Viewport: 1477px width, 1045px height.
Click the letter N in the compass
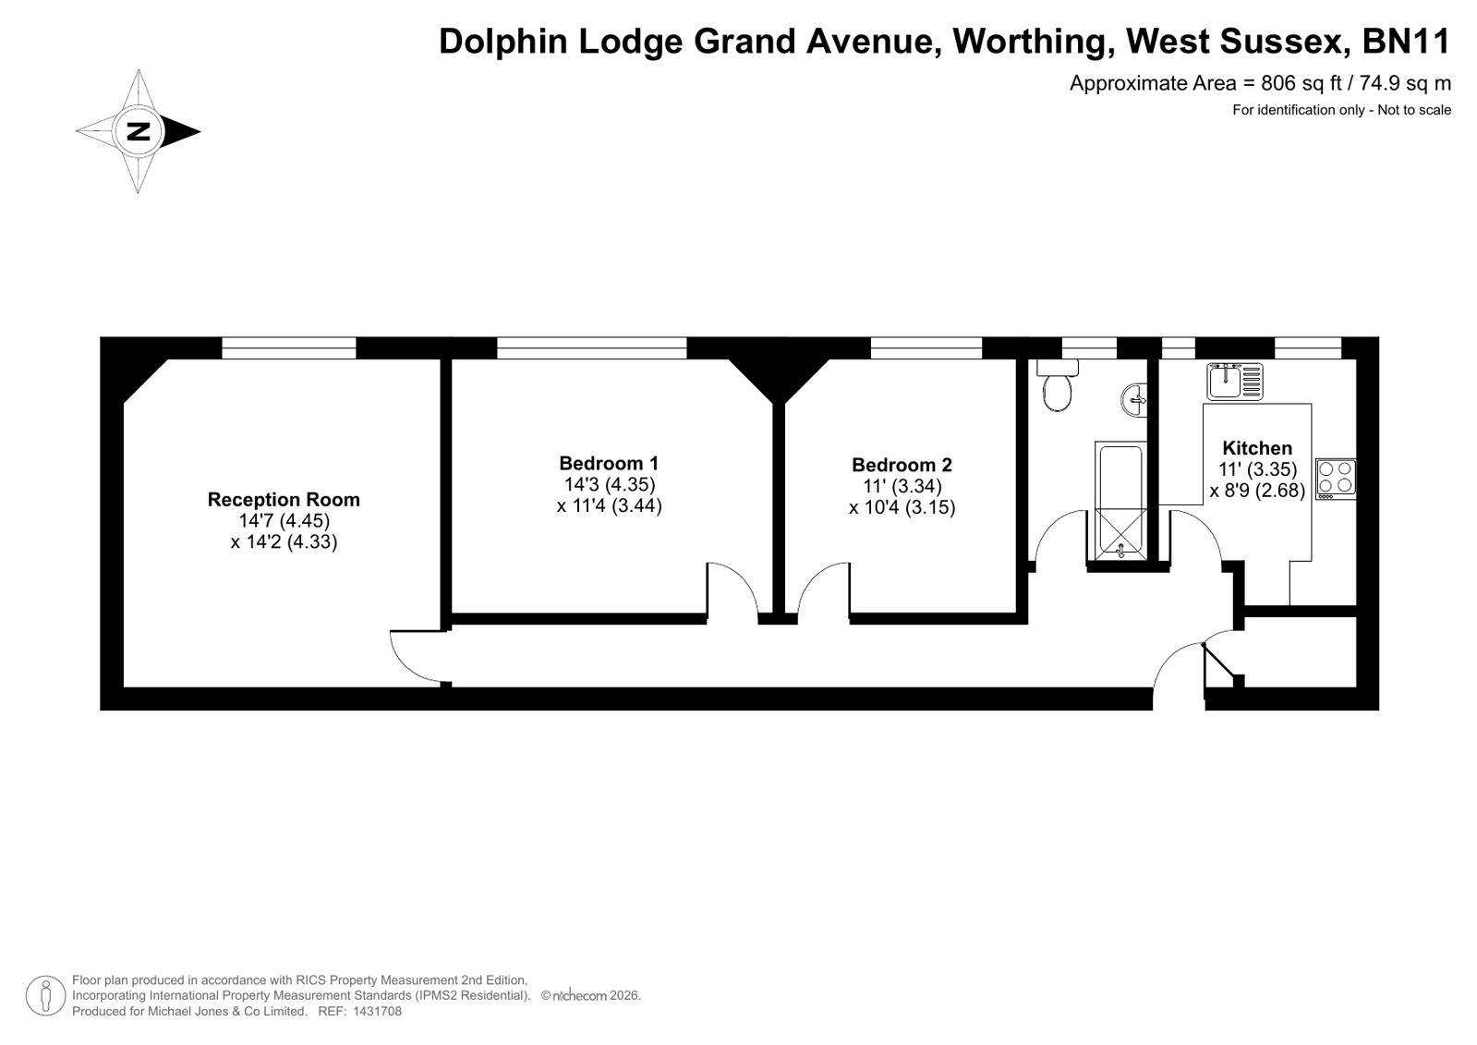tap(139, 131)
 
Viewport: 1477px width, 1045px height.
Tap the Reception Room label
tap(284, 500)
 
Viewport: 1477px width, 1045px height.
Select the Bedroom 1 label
tap(609, 463)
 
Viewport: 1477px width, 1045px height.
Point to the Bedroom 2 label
tap(902, 465)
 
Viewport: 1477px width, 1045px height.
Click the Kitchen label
tap(1257, 448)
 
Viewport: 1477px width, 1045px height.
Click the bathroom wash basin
tap(1134, 400)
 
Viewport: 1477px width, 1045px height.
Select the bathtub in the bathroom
tap(1120, 501)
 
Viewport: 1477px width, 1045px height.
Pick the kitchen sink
tap(1235, 382)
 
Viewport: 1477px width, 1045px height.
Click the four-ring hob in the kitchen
tap(1336, 479)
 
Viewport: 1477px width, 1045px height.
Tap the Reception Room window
tap(289, 347)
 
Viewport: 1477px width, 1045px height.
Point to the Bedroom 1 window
tap(591, 347)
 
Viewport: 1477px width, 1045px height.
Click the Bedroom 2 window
tap(926, 347)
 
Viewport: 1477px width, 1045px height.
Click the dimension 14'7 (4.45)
tap(285, 520)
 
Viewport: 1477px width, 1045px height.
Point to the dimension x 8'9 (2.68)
tap(1257, 491)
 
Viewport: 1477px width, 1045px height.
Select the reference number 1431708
tap(377, 1012)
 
